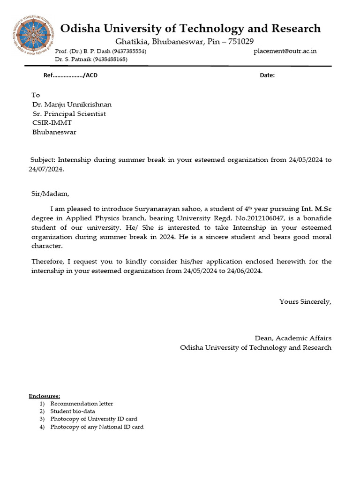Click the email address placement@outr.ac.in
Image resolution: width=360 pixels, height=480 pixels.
coord(285,51)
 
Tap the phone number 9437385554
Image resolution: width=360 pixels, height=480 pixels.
coord(128,51)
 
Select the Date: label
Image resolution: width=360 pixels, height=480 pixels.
coord(267,75)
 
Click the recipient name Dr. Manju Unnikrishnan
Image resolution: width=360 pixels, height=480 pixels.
coord(72,105)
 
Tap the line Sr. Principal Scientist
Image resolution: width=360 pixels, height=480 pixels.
coord(69,114)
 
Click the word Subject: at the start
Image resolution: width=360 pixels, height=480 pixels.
coord(43,160)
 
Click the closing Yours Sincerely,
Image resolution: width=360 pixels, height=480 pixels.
coord(305,301)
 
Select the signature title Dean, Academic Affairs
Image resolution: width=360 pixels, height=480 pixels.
coord(293,338)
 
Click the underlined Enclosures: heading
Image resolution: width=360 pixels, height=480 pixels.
coord(45,396)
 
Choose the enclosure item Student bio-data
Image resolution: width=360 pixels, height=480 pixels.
coord(73,411)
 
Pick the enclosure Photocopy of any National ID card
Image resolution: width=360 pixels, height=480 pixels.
coord(97,427)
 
